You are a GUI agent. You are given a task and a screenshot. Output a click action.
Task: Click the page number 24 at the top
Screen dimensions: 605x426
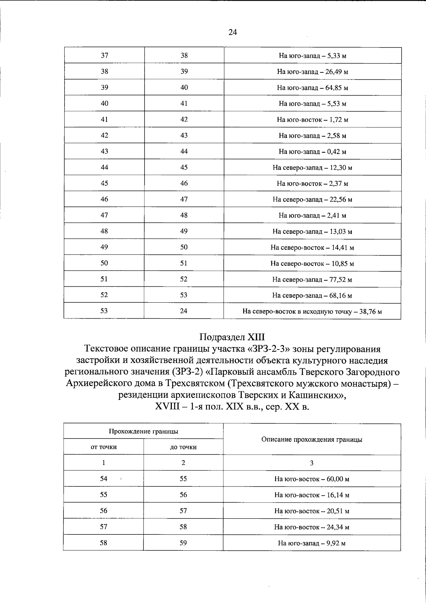[x=233, y=32]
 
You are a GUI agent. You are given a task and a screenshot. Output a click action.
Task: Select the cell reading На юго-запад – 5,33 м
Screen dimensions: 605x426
[x=312, y=56]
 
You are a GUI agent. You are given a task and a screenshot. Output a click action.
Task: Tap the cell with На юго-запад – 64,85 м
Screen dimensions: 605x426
[x=312, y=88]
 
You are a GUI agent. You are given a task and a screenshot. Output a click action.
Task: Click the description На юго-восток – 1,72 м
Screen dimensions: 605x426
[x=312, y=120]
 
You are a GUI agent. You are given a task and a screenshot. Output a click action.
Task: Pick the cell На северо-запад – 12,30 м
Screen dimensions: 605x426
[x=312, y=167]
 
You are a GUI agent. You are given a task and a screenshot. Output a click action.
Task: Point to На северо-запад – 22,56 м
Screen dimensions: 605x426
[x=312, y=199]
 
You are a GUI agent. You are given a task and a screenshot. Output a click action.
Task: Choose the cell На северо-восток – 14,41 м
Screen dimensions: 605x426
[x=312, y=248]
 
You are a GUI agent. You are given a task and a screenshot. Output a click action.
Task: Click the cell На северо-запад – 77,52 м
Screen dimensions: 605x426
[x=312, y=280]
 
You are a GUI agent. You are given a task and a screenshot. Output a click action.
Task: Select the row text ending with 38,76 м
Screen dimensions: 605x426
[x=312, y=312]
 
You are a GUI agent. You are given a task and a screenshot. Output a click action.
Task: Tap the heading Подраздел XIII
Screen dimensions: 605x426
[x=232, y=336]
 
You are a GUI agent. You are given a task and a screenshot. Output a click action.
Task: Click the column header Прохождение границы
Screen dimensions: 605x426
[x=143, y=431]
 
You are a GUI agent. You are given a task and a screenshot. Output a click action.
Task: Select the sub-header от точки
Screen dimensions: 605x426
[x=104, y=447]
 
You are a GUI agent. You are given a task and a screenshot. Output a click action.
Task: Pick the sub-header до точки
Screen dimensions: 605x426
[x=183, y=447]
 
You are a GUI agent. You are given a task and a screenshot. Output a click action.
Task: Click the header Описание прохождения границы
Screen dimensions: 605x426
[x=312, y=439]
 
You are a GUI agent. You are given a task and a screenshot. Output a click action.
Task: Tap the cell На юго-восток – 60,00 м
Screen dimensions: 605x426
[x=312, y=479]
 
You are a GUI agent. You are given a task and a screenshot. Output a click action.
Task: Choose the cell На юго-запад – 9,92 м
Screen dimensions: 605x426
[x=312, y=543]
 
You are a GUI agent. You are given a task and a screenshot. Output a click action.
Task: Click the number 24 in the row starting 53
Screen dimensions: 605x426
[x=184, y=311]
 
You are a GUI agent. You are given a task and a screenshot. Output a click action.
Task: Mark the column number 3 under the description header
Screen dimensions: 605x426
[x=312, y=463]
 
